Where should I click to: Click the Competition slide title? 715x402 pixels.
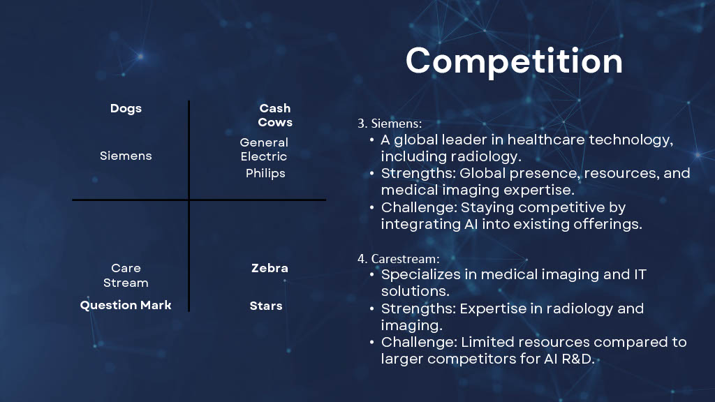pos(514,61)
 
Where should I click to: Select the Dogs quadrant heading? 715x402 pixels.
pos(126,109)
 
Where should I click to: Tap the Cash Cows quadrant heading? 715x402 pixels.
pos(275,115)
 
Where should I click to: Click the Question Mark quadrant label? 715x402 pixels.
pos(126,305)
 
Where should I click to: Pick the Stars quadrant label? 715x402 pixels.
pos(266,306)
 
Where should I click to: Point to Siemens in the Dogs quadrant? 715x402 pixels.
pos(126,156)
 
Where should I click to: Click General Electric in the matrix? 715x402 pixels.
pos(264,149)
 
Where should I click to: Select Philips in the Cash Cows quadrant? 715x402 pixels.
pos(265,174)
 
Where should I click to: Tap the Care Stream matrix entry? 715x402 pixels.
pos(126,275)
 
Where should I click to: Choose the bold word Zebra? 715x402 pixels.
pos(270,268)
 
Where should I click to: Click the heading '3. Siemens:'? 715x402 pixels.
pos(390,124)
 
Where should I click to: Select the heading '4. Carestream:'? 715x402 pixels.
pos(399,259)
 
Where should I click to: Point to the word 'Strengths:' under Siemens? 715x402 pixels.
pos(418,174)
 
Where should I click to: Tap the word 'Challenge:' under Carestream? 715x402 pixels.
pos(419,342)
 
